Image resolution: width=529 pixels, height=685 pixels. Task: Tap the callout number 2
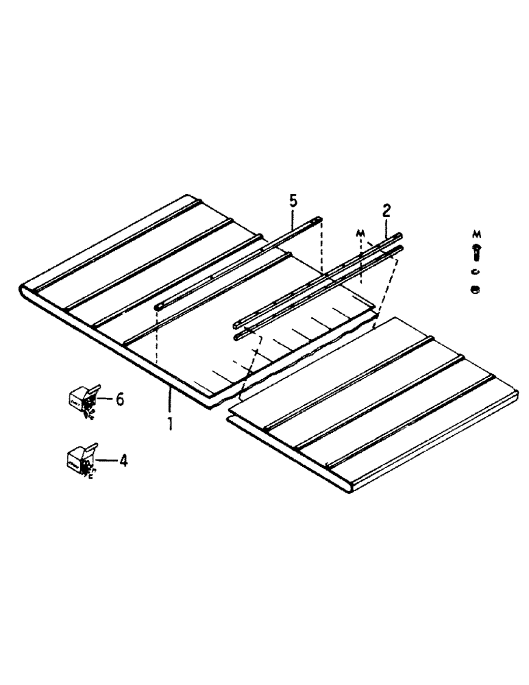(x=386, y=210)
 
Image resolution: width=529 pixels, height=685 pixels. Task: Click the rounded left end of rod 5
(x=158, y=306)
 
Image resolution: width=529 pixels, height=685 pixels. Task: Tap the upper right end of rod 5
(x=319, y=221)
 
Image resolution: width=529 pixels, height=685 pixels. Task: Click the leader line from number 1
(x=169, y=401)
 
